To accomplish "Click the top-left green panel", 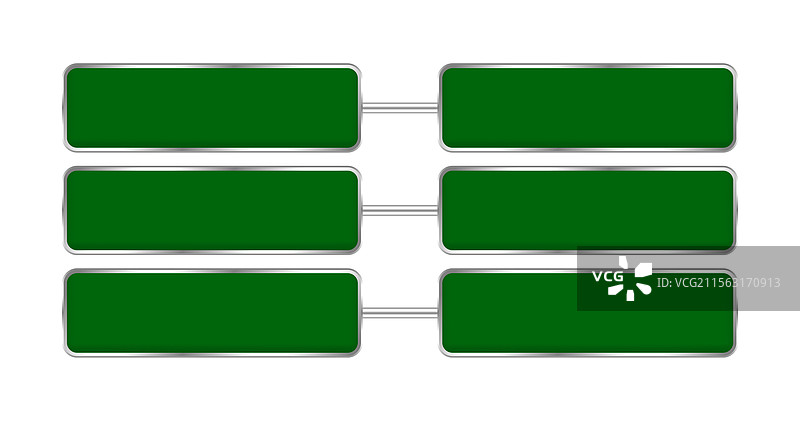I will (x=212, y=108).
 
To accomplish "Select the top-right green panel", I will (x=588, y=108).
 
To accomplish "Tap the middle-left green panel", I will (x=212, y=210).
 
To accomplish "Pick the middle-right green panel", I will (x=588, y=210).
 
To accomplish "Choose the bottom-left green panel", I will (x=212, y=313).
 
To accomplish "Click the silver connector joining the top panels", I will (x=400, y=108).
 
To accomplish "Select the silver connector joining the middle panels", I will (x=400, y=210).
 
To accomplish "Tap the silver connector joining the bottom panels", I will (x=400, y=313).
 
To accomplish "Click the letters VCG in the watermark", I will (x=608, y=277).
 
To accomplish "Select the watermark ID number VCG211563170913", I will (x=718, y=283).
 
